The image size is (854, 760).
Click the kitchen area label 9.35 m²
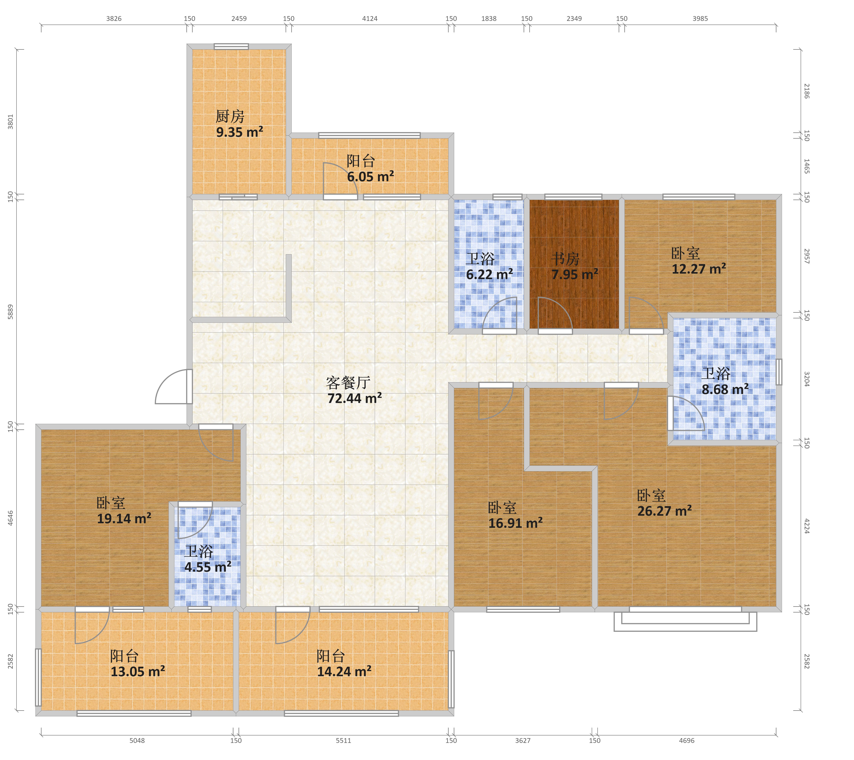[x=239, y=132]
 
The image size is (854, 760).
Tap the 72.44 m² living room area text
[x=354, y=398]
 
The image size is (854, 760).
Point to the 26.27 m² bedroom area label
[x=664, y=511]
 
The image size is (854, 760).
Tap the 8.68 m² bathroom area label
[x=725, y=389]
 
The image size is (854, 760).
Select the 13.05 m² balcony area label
[x=137, y=671]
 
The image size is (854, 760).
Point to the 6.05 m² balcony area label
[x=370, y=177]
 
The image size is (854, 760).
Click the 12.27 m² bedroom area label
[x=699, y=268]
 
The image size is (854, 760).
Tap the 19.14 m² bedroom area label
[x=124, y=519]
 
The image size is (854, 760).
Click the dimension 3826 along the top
[x=114, y=18]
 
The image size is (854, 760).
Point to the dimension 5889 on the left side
[x=10, y=312]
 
